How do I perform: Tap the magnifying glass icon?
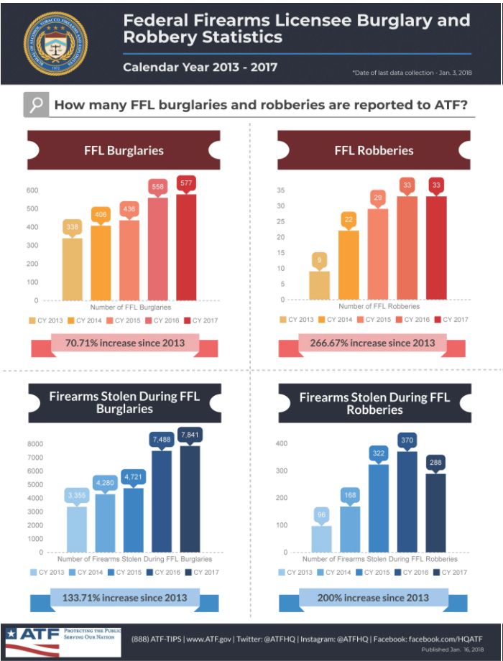(x=34, y=105)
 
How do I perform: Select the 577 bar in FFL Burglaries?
(x=186, y=247)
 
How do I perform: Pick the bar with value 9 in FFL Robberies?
(x=319, y=285)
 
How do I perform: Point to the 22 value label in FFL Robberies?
(x=348, y=219)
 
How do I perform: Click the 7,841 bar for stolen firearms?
(x=190, y=499)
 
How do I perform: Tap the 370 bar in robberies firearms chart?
(x=407, y=501)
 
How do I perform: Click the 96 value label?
(x=321, y=514)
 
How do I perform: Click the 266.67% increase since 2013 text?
(x=372, y=343)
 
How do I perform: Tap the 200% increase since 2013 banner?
(x=372, y=597)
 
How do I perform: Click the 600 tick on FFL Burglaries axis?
(x=32, y=190)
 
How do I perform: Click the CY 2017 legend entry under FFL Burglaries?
(x=201, y=320)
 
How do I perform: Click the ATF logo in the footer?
(x=32, y=638)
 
